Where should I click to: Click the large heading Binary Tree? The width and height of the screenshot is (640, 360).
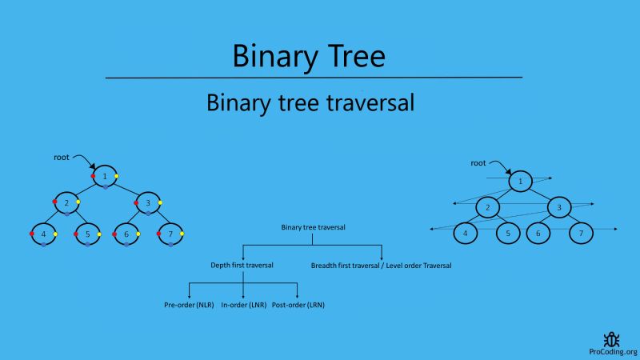309,56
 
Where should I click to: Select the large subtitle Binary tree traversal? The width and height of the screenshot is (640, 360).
310,103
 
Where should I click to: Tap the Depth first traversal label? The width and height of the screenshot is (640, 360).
242,265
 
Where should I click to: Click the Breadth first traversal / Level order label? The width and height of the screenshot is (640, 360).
381,265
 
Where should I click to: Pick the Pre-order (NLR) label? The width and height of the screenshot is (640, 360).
188,305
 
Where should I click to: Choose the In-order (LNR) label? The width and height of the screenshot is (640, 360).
243,305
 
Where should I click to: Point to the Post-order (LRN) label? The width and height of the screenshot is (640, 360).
298,305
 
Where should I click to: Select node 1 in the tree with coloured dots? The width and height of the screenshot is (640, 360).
105,176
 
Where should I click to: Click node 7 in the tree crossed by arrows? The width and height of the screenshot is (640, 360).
582,234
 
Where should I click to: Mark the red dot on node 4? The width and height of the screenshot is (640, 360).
31,234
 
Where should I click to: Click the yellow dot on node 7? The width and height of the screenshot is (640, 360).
182,234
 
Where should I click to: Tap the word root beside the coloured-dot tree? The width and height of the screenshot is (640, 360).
62,157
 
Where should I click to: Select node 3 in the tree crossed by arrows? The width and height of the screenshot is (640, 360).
559,208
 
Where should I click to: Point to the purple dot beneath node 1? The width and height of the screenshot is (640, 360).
105,187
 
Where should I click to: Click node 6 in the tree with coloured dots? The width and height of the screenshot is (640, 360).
126,234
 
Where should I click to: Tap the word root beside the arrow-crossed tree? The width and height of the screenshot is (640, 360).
478,162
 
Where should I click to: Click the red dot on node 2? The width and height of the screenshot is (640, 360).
55,202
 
